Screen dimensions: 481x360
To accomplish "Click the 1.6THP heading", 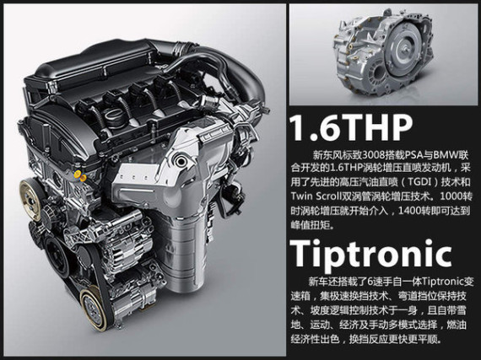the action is click(351, 128).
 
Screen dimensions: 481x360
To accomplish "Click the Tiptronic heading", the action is click(370, 254).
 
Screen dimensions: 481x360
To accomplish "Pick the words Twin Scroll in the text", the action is click(316, 196).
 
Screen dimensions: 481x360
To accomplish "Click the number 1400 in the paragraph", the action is click(410, 210).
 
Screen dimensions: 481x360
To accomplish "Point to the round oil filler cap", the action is click(111, 119).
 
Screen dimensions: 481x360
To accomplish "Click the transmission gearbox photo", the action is click(383, 55).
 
